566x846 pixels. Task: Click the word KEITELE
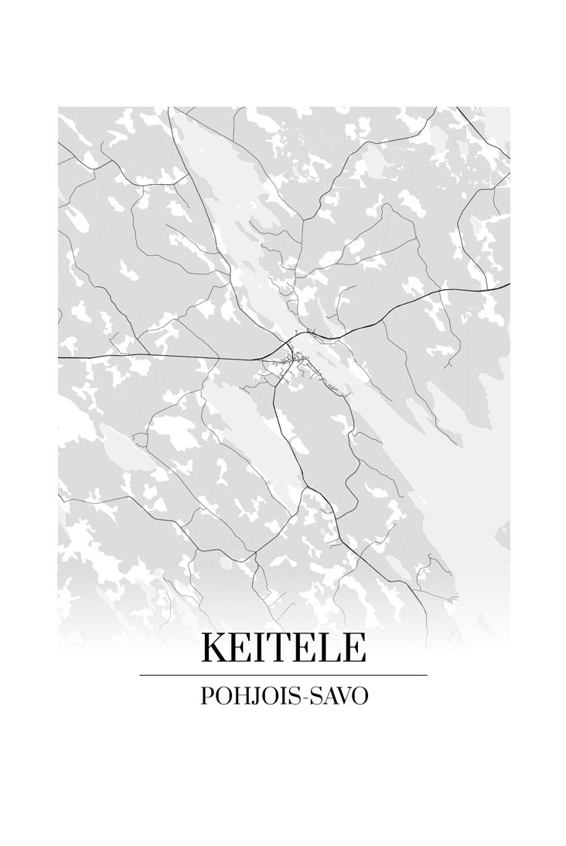(283, 648)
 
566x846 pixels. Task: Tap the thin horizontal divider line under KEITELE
(283, 675)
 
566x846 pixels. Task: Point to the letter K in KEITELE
(214, 648)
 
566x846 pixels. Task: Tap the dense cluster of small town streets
(295, 361)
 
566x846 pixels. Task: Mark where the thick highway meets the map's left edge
(60, 358)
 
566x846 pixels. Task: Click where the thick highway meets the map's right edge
(508, 285)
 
